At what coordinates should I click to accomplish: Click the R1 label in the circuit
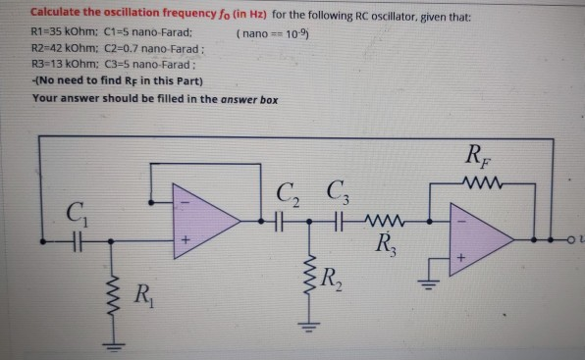[143, 291]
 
